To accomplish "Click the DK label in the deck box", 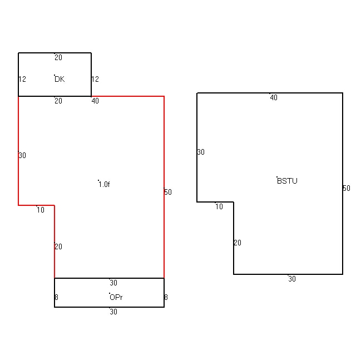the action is click(60, 79).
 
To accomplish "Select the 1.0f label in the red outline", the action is click(104, 184).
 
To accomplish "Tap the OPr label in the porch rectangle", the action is click(116, 297).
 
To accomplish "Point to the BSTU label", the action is click(287, 181).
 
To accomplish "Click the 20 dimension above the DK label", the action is click(58, 57).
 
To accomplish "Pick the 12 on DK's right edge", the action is click(95, 79).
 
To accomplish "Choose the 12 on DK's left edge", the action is click(22, 79).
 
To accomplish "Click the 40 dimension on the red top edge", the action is click(95, 101).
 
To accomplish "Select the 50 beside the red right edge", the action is click(168, 192).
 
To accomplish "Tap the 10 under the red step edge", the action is click(41, 210).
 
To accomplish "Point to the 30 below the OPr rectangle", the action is click(113, 312).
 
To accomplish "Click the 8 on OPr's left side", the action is click(56, 297).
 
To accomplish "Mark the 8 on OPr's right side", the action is click(166, 297).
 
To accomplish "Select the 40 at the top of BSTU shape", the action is click(274, 98).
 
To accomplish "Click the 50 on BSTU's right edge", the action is click(347, 189).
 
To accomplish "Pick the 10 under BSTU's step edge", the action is click(219, 206).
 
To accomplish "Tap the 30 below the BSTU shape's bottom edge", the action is click(292, 279).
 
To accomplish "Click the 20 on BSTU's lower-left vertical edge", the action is click(238, 243).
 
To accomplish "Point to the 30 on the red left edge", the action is click(22, 155).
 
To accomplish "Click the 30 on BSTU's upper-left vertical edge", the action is click(201, 152).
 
